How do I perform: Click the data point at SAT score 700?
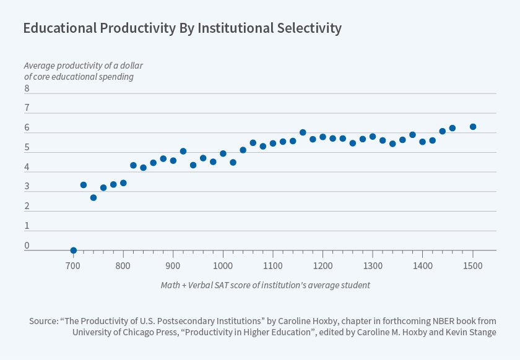tap(74, 251)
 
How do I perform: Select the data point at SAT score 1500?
tap(473, 127)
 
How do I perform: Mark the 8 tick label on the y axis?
tap(27, 88)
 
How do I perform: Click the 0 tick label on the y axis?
tap(27, 246)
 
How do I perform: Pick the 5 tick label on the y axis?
tap(27, 147)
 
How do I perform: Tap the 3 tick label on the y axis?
tap(27, 187)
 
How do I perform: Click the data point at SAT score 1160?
tap(303, 132)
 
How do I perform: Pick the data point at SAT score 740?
tap(93, 198)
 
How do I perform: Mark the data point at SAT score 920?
tap(183, 151)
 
